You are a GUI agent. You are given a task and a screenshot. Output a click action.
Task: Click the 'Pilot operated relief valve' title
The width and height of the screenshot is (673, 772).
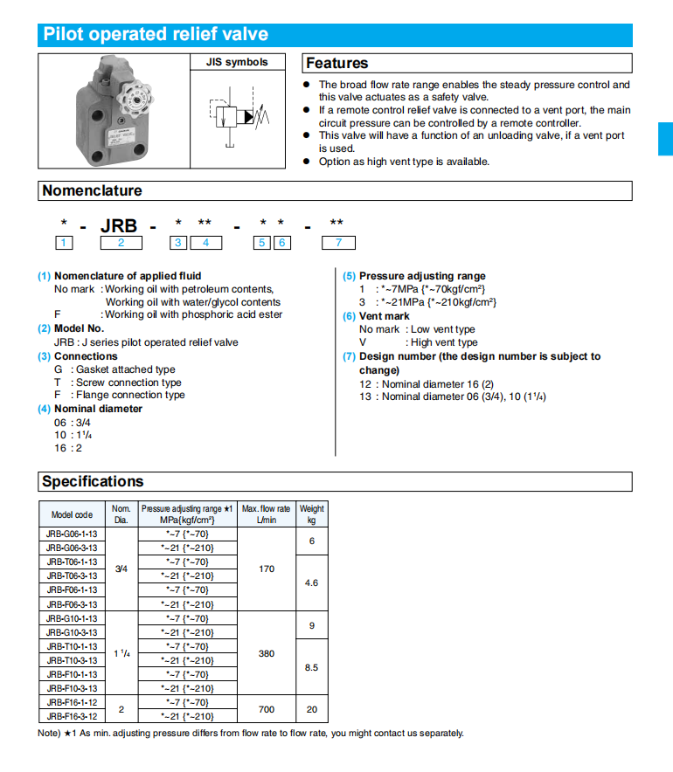(156, 35)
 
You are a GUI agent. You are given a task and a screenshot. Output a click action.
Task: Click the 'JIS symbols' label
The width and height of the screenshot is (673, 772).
(236, 63)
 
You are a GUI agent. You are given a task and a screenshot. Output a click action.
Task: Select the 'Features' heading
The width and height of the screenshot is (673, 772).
(337, 63)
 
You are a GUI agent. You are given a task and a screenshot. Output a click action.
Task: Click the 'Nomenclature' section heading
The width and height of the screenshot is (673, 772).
(92, 190)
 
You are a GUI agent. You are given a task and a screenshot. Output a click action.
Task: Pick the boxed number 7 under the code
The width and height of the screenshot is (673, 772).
(338, 243)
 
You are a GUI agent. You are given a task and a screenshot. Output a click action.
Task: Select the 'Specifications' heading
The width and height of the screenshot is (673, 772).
(93, 481)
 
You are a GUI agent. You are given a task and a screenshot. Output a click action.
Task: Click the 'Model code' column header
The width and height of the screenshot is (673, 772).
(72, 514)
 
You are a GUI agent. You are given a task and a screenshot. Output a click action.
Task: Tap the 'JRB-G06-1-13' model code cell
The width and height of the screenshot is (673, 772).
(72, 534)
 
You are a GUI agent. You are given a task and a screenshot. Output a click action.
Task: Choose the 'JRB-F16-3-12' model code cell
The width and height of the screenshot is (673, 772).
(72, 716)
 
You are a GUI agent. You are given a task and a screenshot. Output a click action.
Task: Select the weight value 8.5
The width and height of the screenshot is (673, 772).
(311, 667)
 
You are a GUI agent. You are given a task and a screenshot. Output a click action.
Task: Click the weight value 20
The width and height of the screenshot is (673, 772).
(311, 709)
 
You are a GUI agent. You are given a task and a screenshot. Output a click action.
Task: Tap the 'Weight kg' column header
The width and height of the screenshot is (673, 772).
(311, 514)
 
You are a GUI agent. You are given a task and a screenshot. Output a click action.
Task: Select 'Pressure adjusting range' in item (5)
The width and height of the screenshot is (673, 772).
(422, 276)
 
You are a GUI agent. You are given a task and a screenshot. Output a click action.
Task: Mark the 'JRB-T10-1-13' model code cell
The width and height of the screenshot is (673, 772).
(72, 646)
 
